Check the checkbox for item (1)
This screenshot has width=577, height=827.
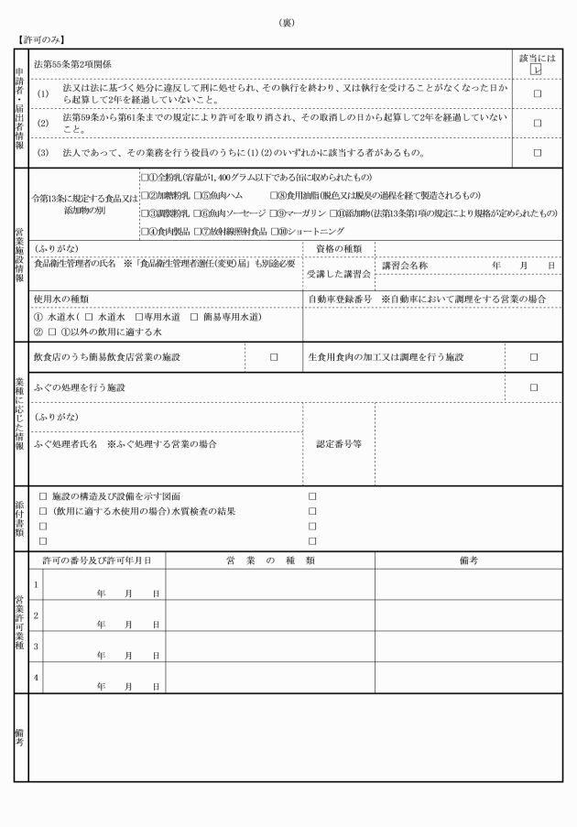[x=538, y=93]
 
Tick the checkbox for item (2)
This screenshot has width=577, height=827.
[x=538, y=122]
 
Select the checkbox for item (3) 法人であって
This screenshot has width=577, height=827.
[x=538, y=152]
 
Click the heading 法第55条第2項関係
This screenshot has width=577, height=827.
[x=73, y=64]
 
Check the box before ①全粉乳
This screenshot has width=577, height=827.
[x=144, y=176]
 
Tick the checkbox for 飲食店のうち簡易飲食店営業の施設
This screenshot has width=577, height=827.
[x=273, y=357]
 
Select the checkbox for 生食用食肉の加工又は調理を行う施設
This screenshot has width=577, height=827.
[x=534, y=357]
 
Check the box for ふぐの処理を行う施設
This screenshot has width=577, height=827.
[x=534, y=387]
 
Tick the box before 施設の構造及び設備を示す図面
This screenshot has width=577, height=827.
[x=43, y=495]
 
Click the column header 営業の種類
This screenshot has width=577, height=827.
[x=270, y=560]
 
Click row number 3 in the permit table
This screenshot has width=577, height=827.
[x=36, y=646]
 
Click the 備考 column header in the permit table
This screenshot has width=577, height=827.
[x=469, y=560]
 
